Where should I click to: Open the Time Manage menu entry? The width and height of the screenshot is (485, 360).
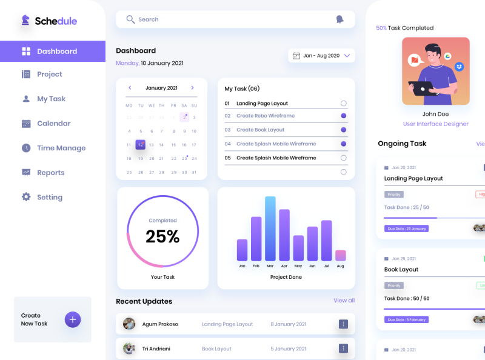(x=61, y=148)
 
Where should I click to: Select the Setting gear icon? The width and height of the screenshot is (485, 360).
(x=26, y=197)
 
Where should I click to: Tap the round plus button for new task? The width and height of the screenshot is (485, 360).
(x=73, y=319)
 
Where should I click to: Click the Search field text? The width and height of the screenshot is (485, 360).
(x=148, y=19)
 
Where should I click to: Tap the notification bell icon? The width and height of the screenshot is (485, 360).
(x=339, y=19)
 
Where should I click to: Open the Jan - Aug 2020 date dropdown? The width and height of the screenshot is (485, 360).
(x=321, y=56)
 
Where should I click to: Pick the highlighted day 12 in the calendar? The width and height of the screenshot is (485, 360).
(x=140, y=145)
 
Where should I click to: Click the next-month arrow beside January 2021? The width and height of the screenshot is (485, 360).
(x=192, y=88)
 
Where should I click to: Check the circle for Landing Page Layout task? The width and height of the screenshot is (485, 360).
(x=344, y=104)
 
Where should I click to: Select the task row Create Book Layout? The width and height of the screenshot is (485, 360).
(x=260, y=130)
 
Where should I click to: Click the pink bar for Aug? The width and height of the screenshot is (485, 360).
(x=340, y=255)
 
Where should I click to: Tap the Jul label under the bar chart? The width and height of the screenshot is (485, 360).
(x=326, y=266)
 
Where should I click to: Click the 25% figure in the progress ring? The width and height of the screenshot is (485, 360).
(x=162, y=236)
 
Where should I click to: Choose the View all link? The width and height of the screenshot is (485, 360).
(x=344, y=301)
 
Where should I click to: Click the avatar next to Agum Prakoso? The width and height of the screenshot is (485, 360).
(x=129, y=324)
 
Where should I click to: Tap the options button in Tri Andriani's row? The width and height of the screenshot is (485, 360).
(x=343, y=348)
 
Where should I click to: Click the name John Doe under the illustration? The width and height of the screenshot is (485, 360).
(x=435, y=114)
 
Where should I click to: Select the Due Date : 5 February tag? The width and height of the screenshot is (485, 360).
(x=406, y=319)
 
